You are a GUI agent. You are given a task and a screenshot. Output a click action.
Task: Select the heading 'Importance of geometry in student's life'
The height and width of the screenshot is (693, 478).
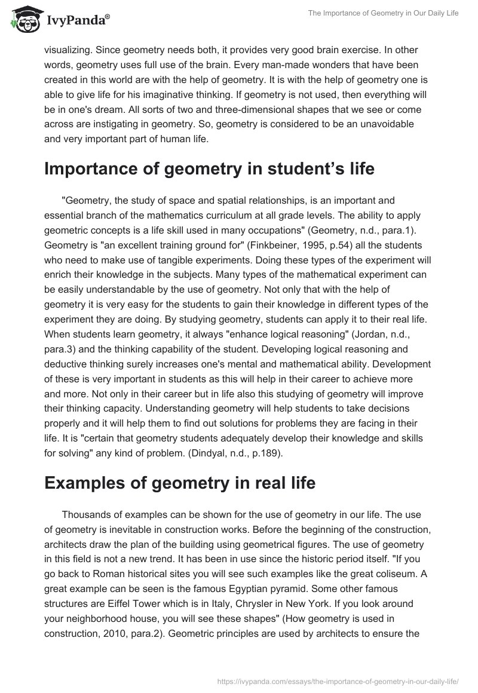(209, 168)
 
